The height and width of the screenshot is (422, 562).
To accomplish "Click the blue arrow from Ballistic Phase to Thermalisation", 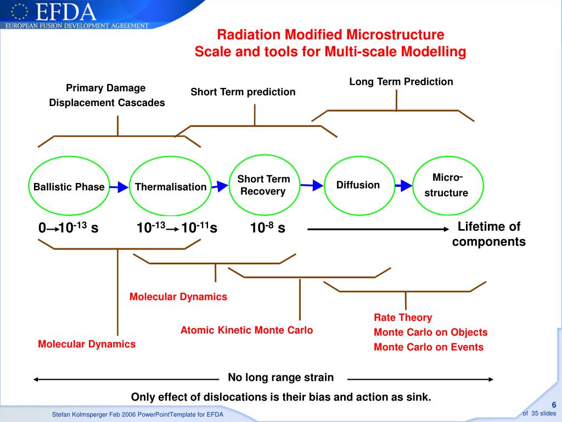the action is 119,187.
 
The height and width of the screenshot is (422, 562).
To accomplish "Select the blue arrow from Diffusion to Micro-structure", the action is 403,186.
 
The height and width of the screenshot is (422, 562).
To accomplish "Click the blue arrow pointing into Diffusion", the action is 312,185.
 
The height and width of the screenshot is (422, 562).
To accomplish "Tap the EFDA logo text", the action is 66,12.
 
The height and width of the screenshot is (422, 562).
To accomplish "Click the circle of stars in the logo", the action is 19,12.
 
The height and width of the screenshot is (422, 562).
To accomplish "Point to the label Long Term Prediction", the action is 401,82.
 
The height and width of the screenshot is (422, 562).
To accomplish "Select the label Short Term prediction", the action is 243,92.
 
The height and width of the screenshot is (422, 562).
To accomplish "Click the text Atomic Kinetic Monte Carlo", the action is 246,330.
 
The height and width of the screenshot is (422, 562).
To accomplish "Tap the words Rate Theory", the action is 403,318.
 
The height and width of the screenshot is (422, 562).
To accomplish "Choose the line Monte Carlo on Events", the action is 429,347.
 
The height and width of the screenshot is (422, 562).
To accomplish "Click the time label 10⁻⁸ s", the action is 267,227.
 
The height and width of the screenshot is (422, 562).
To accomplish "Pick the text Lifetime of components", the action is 489,234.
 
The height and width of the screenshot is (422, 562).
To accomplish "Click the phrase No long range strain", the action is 280,377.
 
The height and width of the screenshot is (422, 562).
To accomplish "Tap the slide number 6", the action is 554,405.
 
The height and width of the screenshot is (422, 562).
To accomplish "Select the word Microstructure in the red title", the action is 395,35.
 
